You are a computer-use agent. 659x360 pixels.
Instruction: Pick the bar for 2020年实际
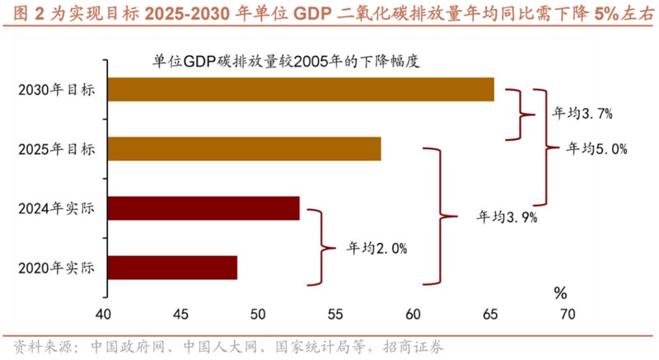tap(171, 268)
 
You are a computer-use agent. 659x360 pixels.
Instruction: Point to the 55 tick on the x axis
tap(335, 314)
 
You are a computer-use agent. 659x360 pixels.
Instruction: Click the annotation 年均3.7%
tap(581, 113)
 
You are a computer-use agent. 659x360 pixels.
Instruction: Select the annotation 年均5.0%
tap(597, 149)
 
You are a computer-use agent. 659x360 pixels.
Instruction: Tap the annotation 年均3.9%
tap(507, 217)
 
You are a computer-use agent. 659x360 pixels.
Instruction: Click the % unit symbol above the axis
tap(560, 292)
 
